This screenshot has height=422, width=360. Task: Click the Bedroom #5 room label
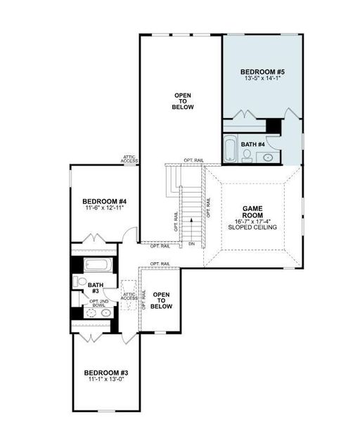pos(262,72)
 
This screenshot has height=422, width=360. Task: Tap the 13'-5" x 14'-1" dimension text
pos(262,78)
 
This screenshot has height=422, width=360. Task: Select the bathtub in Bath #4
pos(231,149)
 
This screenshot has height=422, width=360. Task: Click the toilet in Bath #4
pos(247,156)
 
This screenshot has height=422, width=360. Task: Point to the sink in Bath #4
pos(269,158)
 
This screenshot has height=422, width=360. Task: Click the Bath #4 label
pos(253,144)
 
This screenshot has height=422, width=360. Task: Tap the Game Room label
pos(252,212)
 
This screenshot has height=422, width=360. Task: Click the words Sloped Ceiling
pos(252,227)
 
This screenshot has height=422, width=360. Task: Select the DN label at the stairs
pos(191,244)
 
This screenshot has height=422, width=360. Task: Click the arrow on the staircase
pos(191,229)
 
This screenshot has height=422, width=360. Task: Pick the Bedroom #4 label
pos(104,201)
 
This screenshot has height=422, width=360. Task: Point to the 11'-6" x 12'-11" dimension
pos(104,207)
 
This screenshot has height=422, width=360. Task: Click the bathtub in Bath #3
pos(98,264)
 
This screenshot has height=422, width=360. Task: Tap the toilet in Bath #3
pos(78,281)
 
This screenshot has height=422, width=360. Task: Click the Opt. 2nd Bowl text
pos(99,303)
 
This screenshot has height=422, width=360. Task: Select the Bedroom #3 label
pos(106,373)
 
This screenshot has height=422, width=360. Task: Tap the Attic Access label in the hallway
pos(129,296)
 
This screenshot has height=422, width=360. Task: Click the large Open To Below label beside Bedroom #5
pos(183,101)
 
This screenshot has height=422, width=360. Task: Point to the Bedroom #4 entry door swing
pos(129,234)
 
